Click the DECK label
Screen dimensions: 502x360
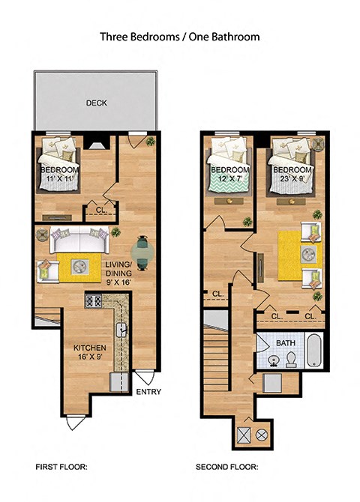pyautogui.click(x=94, y=103)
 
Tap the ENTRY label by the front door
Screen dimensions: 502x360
pyautogui.click(x=148, y=390)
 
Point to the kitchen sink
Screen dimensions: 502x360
pyautogui.click(x=123, y=330)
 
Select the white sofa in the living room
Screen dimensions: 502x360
pyautogui.click(x=78, y=241)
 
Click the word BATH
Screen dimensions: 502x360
pyautogui.click(x=286, y=342)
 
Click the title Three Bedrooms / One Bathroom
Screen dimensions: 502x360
pyautogui.click(x=179, y=35)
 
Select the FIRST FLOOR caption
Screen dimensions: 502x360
pyautogui.click(x=61, y=467)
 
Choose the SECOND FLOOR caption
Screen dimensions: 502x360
pyautogui.click(x=227, y=467)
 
